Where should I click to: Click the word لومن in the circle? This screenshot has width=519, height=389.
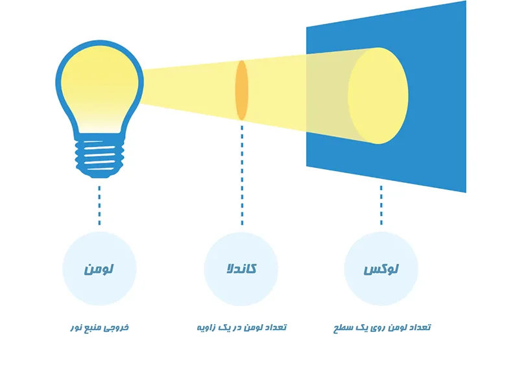99,269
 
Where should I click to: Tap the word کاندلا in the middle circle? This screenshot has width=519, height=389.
241,268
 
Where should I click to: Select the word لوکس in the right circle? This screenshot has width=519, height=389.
381,269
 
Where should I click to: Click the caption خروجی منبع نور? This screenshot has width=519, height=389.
100,328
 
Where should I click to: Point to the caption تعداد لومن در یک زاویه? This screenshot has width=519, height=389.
241,327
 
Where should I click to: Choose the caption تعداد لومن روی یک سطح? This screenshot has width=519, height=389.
382,327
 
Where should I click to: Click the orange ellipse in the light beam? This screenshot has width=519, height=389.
241,90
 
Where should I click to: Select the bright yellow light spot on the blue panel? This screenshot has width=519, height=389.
378,95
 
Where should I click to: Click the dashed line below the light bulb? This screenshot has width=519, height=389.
99,206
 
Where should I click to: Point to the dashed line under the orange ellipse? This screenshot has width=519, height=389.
242,175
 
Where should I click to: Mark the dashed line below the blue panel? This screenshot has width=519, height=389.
381,206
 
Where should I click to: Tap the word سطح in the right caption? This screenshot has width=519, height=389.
341,328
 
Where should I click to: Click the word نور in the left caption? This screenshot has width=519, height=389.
76,328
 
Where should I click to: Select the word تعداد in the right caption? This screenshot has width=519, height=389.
420,327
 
